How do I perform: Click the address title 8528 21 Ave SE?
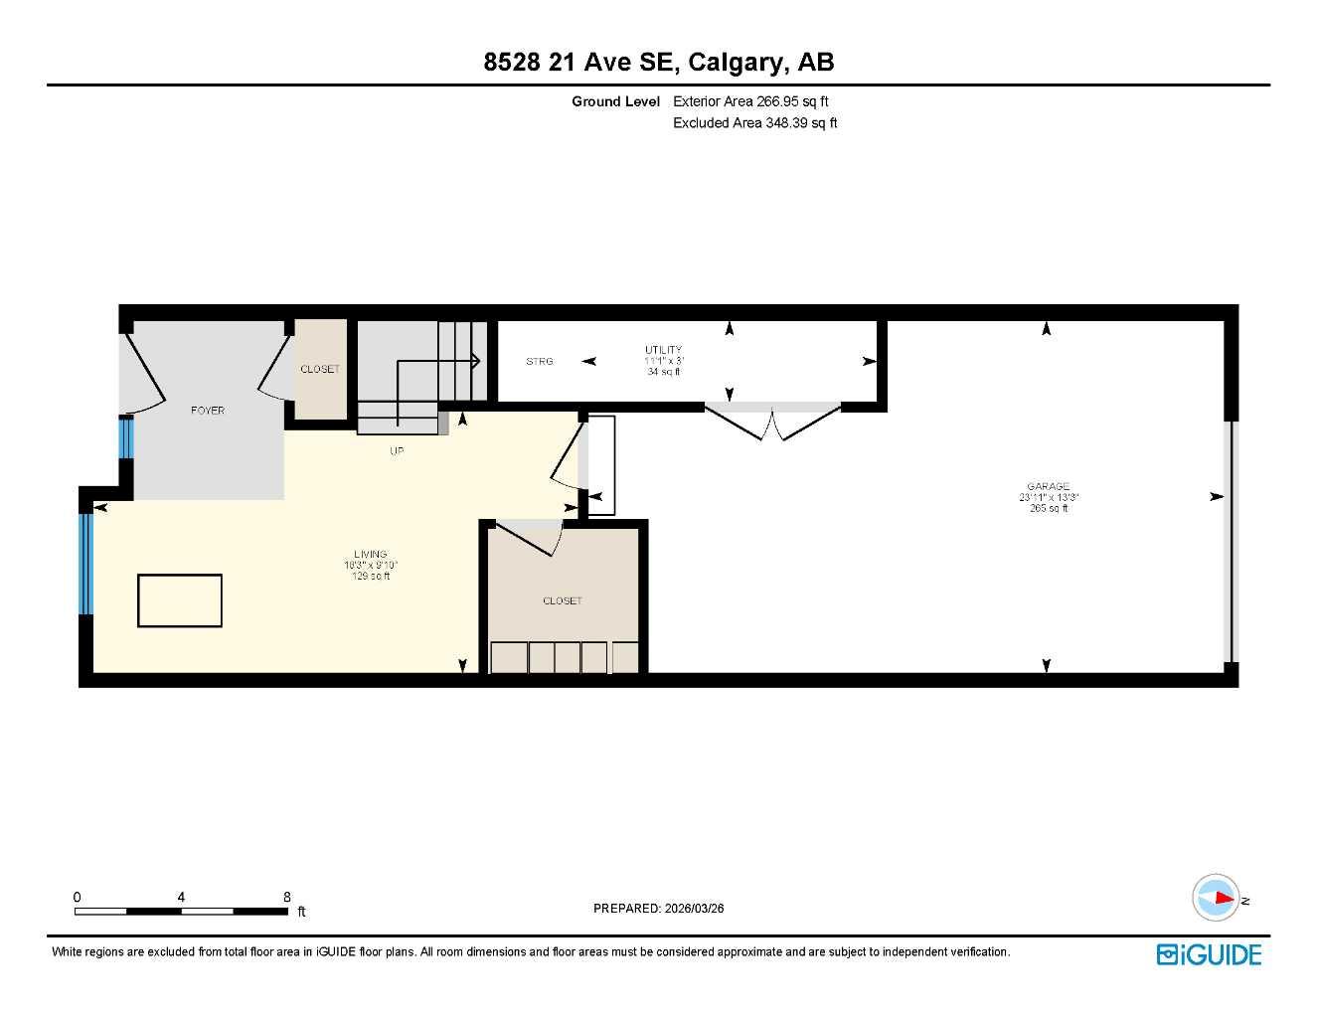pyautogui.click(x=658, y=62)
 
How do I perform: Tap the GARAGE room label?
pyautogui.click(x=1048, y=487)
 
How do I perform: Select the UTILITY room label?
pyautogui.click(x=663, y=350)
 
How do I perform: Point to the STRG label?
pyautogui.click(x=540, y=362)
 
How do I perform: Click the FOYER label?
pyautogui.click(x=208, y=411)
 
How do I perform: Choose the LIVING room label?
pyautogui.click(x=370, y=555)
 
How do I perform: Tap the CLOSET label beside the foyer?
pyautogui.click(x=320, y=369)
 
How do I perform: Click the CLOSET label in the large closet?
pyautogui.click(x=563, y=600)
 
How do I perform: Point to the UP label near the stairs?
pyautogui.click(x=397, y=451)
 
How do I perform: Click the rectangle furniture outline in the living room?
pyautogui.click(x=180, y=600)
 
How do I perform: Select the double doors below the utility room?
pyautogui.click(x=772, y=422)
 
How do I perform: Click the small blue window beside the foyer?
pyautogui.click(x=126, y=437)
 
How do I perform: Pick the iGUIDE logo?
pyautogui.click(x=1209, y=954)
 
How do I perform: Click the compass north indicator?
pyautogui.click(x=1217, y=898)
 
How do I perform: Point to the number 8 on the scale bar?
pyautogui.click(x=287, y=897)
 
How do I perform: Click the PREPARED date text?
pyautogui.click(x=658, y=908)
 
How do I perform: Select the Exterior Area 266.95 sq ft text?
pyautogui.click(x=750, y=101)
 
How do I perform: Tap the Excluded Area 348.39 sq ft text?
pyautogui.click(x=754, y=123)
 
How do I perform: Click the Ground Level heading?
pyautogui.click(x=615, y=101)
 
